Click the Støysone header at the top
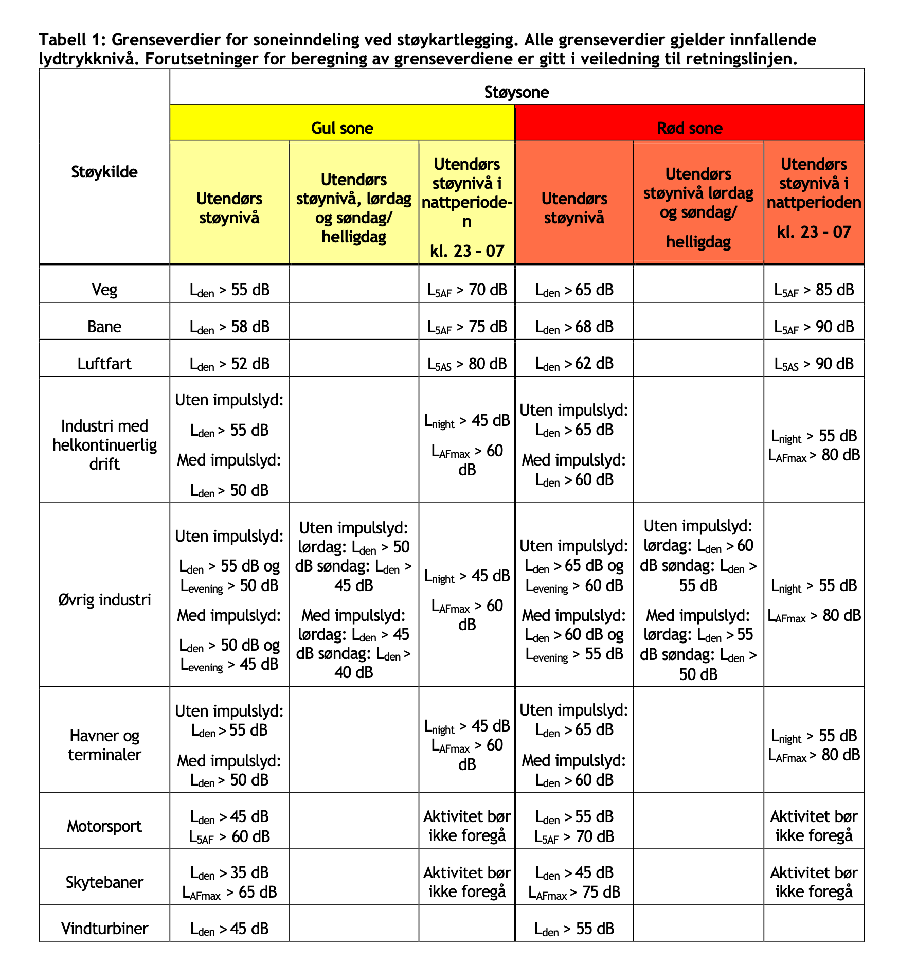(x=516, y=92)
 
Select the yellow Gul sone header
(x=342, y=128)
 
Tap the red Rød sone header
(x=689, y=128)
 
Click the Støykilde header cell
(x=104, y=172)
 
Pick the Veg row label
(x=104, y=290)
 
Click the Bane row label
(x=104, y=327)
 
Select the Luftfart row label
(x=104, y=364)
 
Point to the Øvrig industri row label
(x=104, y=599)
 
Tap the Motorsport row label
(x=104, y=826)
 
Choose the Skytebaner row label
(x=104, y=882)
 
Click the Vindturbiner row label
(x=104, y=929)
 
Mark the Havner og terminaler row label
(x=104, y=745)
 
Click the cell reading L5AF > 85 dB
(x=814, y=290)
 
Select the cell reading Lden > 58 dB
(x=229, y=327)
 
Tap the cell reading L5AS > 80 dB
(x=466, y=364)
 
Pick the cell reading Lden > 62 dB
(x=574, y=364)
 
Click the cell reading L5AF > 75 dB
(x=466, y=327)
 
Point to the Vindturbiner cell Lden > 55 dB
(x=574, y=929)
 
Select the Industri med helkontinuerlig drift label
(x=104, y=445)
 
